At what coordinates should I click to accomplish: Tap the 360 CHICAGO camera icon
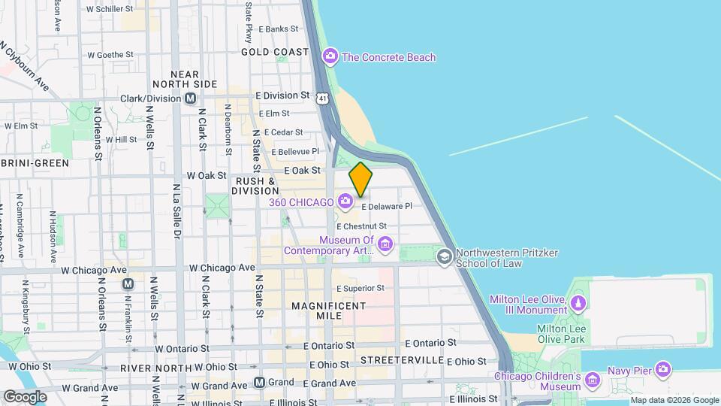[x=345, y=201]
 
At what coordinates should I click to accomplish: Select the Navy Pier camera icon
[x=662, y=368]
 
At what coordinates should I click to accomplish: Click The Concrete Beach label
[x=388, y=57]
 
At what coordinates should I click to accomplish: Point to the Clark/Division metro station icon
[x=191, y=98]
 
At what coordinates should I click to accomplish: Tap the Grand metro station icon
[x=259, y=382]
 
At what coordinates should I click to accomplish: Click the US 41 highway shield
[x=322, y=98]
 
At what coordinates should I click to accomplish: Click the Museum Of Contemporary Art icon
[x=386, y=243]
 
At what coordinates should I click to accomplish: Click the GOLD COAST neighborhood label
[x=275, y=52]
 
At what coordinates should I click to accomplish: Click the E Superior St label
[x=360, y=288]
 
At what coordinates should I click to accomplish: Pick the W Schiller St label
[x=110, y=10]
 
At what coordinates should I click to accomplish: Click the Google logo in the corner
[x=25, y=396]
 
